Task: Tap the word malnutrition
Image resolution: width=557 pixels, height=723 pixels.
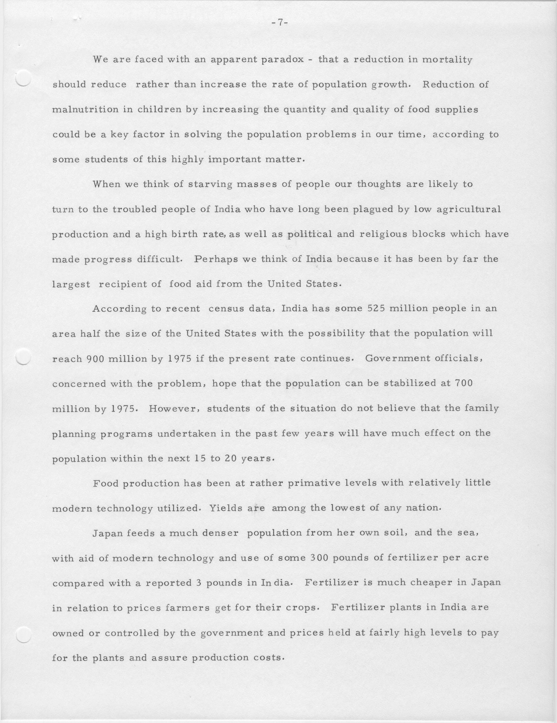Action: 85,110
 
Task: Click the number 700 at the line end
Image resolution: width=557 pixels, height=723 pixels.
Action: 463,383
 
